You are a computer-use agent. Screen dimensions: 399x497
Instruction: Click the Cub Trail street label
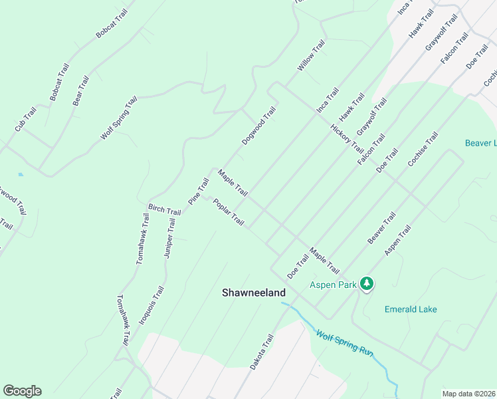pyautogui.click(x=25, y=118)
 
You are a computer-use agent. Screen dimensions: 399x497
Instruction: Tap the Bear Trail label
pyautogui.click(x=80, y=91)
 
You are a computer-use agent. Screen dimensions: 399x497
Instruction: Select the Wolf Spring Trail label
pyautogui.click(x=119, y=118)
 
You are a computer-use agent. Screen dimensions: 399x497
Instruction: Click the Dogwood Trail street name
pyautogui.click(x=258, y=126)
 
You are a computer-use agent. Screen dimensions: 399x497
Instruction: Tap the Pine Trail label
pyautogui.click(x=199, y=191)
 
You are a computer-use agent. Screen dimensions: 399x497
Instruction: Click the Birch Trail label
pyautogui.click(x=164, y=209)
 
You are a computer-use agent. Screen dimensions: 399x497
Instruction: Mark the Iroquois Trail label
pyautogui.click(x=151, y=305)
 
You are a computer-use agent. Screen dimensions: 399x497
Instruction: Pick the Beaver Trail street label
pyautogui.click(x=381, y=227)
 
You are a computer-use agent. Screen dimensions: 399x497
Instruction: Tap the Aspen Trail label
pyautogui.click(x=398, y=239)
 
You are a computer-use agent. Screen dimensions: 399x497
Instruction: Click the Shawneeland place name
pyautogui.click(x=253, y=293)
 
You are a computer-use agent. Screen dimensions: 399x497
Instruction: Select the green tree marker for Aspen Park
pyautogui.click(x=367, y=284)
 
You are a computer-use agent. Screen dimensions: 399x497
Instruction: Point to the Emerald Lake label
pyautogui.click(x=411, y=309)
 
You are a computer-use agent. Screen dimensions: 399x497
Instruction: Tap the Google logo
pyautogui.click(x=22, y=391)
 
